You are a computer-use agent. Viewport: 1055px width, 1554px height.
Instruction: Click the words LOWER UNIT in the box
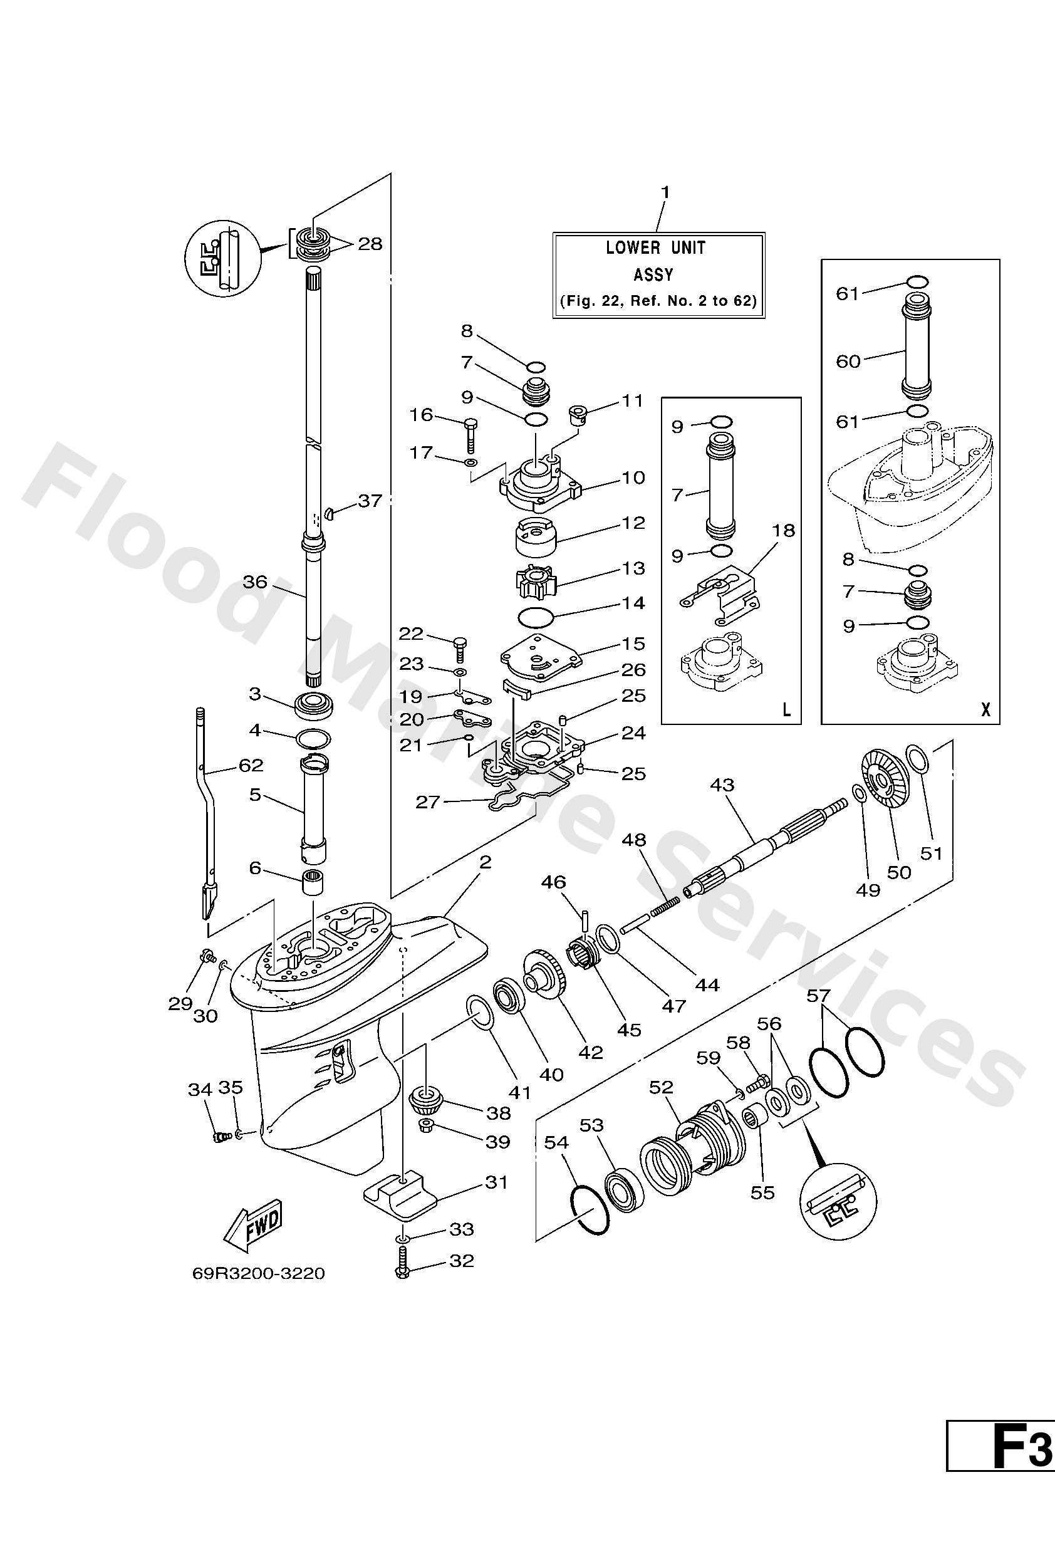point(655,248)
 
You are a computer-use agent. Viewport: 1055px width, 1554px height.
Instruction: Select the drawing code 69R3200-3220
point(258,1273)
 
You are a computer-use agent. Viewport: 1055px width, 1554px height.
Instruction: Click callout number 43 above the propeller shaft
point(722,785)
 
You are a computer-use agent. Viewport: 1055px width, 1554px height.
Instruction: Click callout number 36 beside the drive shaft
point(255,581)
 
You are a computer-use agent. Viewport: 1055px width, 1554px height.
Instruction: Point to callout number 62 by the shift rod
point(251,765)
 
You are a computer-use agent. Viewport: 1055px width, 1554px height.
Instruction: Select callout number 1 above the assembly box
point(665,192)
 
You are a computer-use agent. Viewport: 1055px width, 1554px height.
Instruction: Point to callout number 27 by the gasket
point(427,801)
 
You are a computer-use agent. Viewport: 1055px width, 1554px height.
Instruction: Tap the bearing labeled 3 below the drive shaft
point(313,704)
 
